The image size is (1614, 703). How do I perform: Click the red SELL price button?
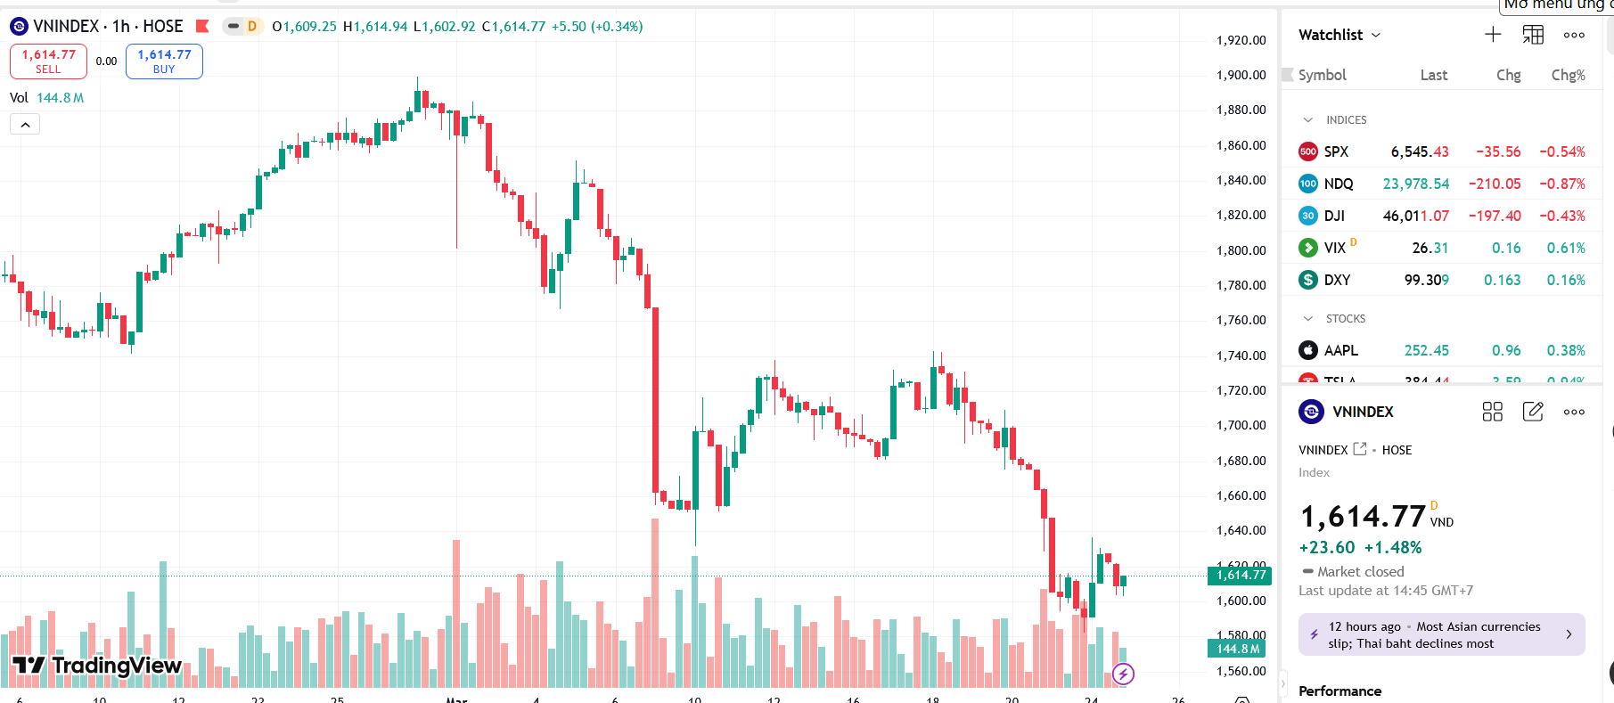coord(48,61)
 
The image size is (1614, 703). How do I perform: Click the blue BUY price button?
coord(164,61)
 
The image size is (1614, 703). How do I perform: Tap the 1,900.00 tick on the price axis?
coord(1241,75)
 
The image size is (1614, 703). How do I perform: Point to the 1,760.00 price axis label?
coord(1241,320)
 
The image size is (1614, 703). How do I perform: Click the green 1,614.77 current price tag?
coord(1239,575)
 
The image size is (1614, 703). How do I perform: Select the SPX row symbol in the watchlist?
coord(1336,151)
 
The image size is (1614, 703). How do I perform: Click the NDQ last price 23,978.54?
coord(1415,184)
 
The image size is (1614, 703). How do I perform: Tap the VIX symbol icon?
coord(1308,248)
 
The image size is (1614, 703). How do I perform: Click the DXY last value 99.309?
coord(1426,280)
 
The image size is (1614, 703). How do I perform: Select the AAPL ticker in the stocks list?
coord(1340,350)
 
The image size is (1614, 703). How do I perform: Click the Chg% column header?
coord(1568,75)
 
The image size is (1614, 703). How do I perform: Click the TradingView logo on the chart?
coord(97,665)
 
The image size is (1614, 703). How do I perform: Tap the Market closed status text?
coord(1360,571)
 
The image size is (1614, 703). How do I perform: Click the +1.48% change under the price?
coord(1393,547)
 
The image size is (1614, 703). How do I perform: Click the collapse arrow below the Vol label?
coord(25,125)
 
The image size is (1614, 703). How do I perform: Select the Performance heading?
coord(1340,691)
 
